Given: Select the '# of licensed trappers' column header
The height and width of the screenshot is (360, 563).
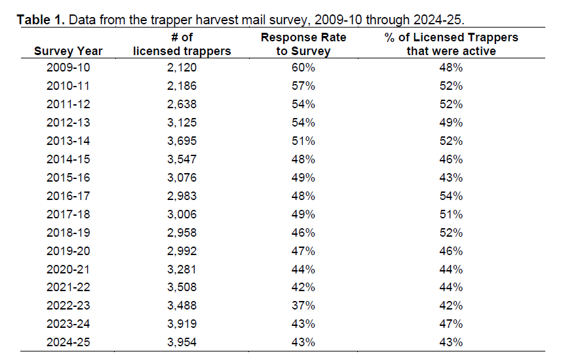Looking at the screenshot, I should point(182,44).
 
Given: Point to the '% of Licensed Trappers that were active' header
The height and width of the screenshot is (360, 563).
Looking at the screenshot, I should point(451,44).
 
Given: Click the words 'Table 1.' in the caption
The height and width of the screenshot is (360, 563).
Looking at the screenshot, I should point(41,20).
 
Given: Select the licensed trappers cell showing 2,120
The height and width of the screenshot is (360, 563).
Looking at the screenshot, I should point(182,68).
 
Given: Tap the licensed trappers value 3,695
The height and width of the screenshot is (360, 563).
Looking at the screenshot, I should point(182,141).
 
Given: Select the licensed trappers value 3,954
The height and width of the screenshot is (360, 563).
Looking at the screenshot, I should point(182,342).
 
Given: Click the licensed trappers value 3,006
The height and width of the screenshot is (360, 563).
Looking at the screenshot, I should point(182,214).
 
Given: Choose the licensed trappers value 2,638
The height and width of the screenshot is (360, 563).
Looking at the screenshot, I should point(182,104).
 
